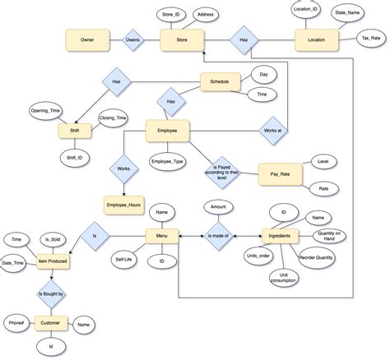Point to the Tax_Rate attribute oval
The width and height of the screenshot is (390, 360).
pos(369,38)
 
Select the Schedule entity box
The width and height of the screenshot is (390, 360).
pos(220,82)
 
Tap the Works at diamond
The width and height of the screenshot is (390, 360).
pos(272,131)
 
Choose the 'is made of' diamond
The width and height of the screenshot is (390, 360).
pos(218,236)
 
